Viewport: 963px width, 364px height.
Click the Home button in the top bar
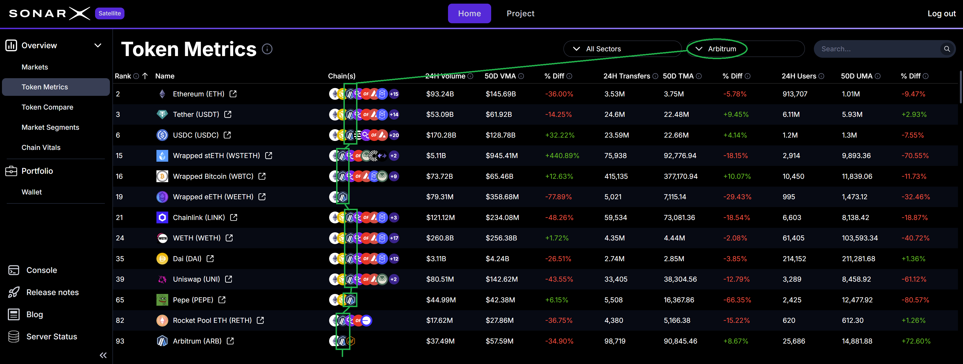tap(469, 13)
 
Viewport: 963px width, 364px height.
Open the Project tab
tap(520, 13)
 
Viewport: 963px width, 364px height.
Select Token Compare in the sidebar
tap(47, 107)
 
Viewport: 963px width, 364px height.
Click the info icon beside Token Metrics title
tap(267, 49)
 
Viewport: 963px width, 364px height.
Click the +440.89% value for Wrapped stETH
tap(562, 156)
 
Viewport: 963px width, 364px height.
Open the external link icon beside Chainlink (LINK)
tap(234, 217)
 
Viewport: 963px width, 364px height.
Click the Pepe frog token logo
tap(162, 300)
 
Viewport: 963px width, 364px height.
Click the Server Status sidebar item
tap(52, 337)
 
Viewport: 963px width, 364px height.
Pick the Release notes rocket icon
tap(14, 292)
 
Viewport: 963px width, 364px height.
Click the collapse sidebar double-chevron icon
tap(103, 355)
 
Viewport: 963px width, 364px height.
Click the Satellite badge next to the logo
tap(110, 13)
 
